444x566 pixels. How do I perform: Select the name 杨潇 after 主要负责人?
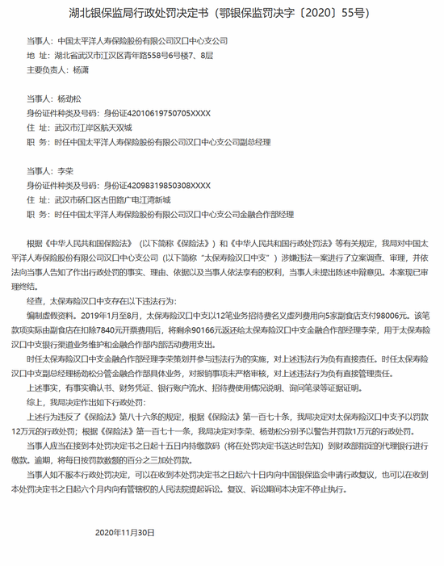(81, 69)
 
